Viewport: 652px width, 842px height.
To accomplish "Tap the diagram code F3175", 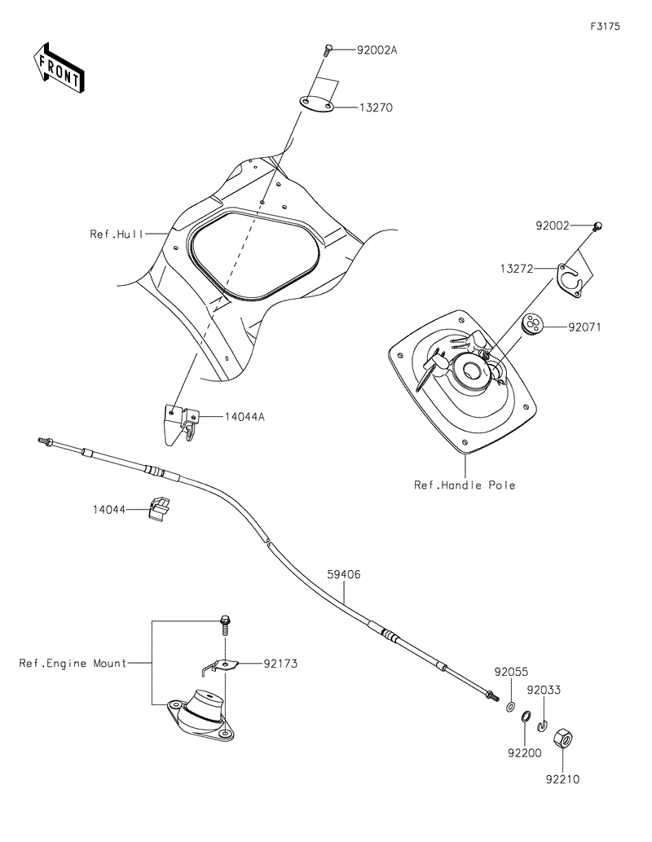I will pos(606,26).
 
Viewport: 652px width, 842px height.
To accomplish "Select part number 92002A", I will pos(377,50).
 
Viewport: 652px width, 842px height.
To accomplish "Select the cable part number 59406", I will pos(344,574).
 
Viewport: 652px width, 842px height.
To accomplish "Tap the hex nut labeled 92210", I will pos(562,740).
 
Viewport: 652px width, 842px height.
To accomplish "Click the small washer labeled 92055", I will pos(510,706).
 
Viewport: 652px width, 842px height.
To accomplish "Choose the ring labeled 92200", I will pos(526,717).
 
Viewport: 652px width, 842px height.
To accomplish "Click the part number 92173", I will pos(280,664).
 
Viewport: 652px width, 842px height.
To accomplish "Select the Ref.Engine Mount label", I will pos(73,664).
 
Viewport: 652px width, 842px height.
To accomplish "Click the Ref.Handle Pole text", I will pos(465,485).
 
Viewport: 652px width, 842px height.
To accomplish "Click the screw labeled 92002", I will pos(597,226).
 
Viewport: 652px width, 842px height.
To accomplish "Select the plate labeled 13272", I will pos(569,274).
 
